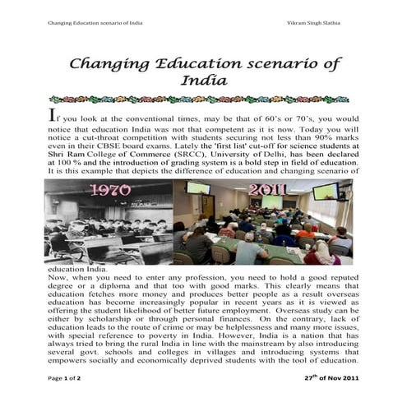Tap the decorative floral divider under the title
pyautogui.click(x=202, y=99)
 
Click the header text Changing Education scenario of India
pyautogui.click(x=95, y=22)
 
